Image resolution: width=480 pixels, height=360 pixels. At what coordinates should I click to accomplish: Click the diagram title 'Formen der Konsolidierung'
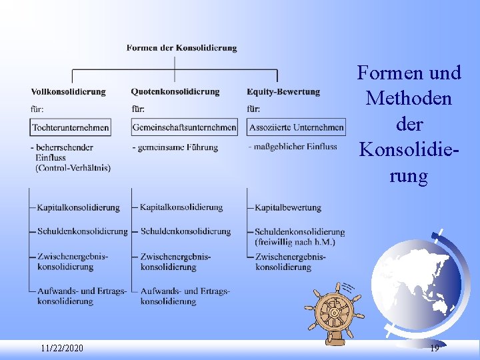point(181,48)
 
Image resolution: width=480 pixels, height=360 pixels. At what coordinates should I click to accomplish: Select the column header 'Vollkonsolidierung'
point(68,91)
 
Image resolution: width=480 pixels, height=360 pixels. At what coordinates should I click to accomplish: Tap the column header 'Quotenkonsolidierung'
point(175,91)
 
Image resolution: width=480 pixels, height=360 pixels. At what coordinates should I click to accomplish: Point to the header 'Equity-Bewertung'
point(283,91)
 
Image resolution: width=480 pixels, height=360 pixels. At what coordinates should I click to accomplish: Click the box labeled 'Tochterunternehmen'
point(71,127)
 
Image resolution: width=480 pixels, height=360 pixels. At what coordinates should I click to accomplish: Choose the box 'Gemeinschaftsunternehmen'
point(184,127)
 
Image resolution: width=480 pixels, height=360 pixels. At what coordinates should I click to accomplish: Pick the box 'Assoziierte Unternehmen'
point(297,127)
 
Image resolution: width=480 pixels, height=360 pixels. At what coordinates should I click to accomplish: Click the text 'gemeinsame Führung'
point(177,147)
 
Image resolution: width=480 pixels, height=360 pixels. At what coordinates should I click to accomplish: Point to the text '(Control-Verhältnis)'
point(73,167)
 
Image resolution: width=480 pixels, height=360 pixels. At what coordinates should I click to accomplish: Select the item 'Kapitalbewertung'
point(288,207)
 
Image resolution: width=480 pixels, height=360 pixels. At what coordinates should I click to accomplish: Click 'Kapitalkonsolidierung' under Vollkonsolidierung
point(79,207)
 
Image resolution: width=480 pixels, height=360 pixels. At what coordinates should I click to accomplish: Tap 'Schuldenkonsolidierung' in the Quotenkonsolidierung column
point(185,231)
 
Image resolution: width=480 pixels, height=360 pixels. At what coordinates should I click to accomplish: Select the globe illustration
point(416,280)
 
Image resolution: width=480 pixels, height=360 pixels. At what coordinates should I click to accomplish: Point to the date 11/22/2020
point(62,349)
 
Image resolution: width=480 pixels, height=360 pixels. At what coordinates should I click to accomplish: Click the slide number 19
point(435,349)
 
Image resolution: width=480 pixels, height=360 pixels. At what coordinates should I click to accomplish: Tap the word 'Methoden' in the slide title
point(409,99)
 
